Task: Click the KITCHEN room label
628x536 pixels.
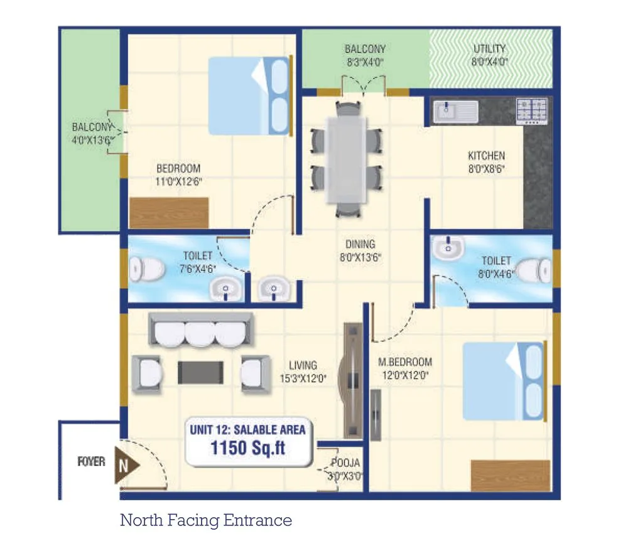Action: click(486, 156)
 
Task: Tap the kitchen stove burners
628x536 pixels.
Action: click(531, 110)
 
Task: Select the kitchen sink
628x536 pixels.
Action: click(454, 112)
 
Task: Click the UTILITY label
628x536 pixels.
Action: click(490, 49)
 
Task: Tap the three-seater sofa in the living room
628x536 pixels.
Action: click(200, 330)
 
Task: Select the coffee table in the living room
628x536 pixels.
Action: click(200, 372)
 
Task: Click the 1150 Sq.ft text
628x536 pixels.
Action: click(247, 449)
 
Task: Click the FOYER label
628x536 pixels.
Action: click(91, 462)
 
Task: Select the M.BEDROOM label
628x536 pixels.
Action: click(405, 362)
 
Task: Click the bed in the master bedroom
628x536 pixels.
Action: click(502, 380)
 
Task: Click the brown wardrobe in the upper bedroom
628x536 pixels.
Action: click(168, 212)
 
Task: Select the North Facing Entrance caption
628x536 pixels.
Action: click(205, 520)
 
